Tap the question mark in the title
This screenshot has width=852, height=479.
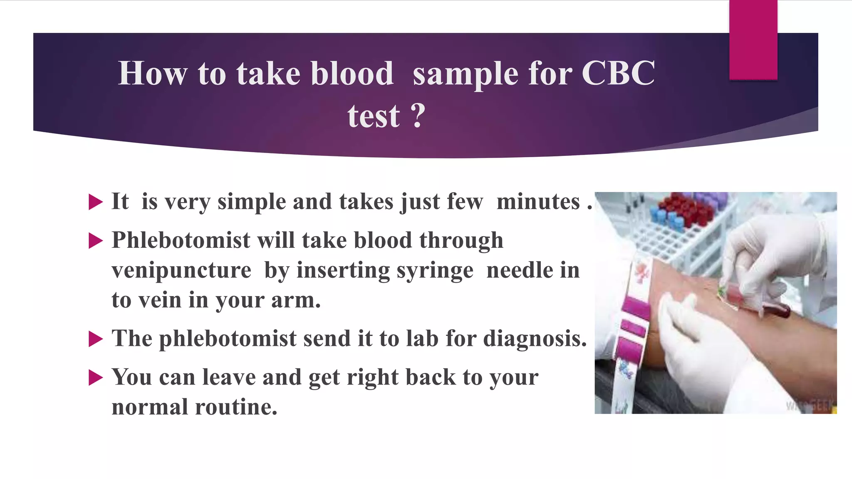pos(418,116)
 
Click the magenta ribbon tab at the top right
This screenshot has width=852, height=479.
pos(753,40)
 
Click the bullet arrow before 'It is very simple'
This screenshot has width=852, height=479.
pos(95,202)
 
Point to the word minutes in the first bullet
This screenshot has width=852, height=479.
pos(538,202)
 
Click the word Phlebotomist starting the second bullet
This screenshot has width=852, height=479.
pos(181,240)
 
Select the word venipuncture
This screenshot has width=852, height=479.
pos(181,271)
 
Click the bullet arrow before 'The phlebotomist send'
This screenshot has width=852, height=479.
pos(95,339)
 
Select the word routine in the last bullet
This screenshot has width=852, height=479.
pos(236,407)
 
